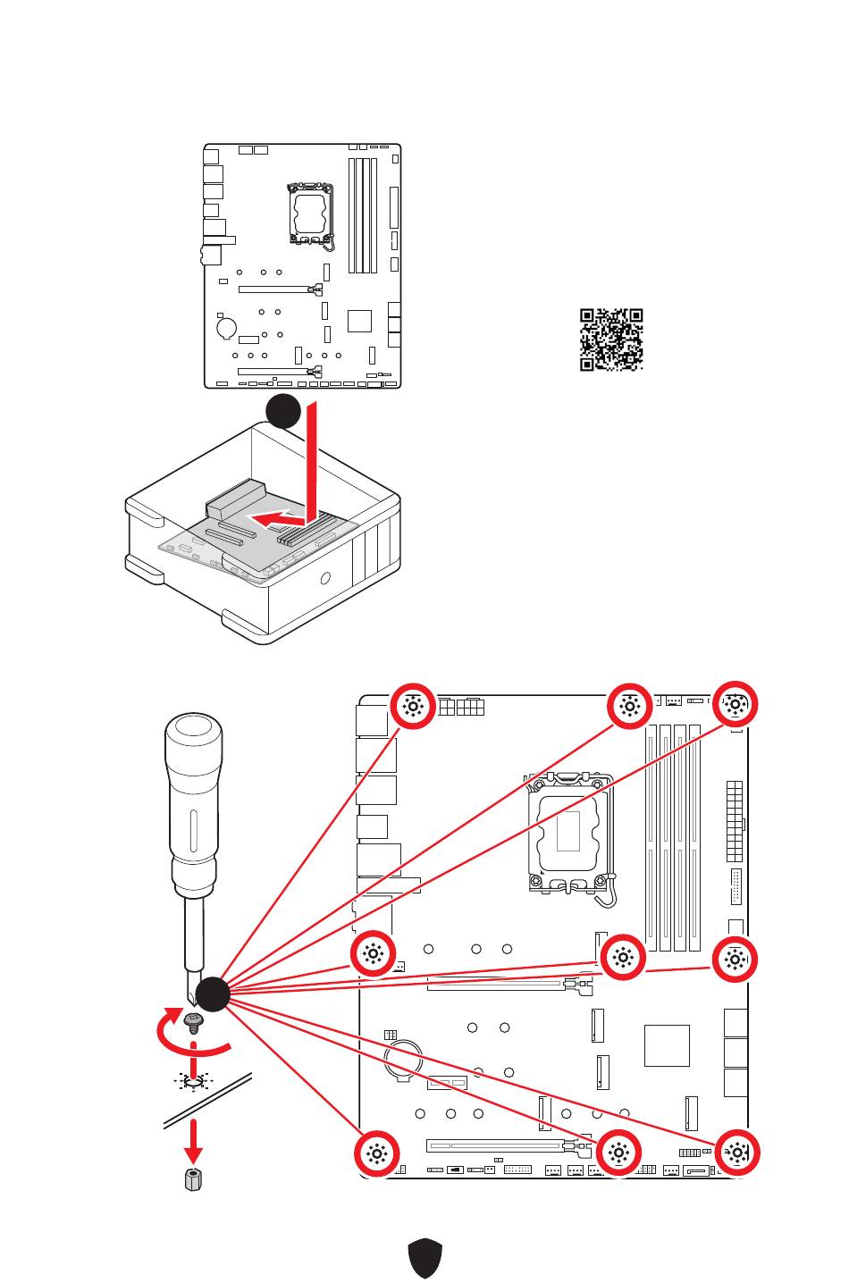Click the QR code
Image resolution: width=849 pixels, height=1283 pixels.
[611, 340]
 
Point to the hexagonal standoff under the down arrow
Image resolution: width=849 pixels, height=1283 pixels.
[192, 1179]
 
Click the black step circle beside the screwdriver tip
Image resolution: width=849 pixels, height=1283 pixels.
[213, 994]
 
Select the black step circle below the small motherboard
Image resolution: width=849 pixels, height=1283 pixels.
[282, 410]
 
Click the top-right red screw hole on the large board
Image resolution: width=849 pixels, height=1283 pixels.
[735, 706]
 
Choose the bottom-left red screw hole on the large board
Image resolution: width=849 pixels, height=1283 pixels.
[377, 1153]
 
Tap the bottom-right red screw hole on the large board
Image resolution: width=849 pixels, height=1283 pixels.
[736, 1153]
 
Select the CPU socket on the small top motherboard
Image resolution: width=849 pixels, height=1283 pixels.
[311, 214]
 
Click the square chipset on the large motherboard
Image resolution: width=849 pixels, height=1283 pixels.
[667, 1045]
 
